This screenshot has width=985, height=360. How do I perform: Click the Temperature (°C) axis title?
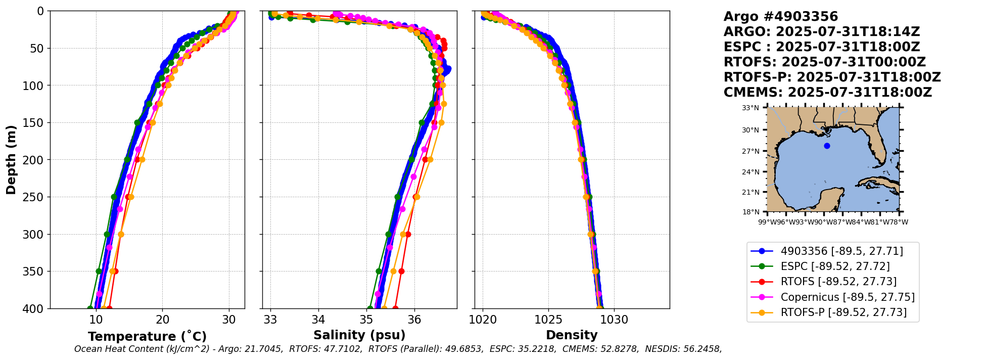point(147,337)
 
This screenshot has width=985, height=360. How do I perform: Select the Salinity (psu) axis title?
point(359,335)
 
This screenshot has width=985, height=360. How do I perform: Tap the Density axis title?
point(572,335)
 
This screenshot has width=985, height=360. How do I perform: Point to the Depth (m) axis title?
point(11,160)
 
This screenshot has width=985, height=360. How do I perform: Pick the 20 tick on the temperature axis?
point(162,320)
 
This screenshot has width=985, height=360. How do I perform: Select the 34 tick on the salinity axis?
point(318,320)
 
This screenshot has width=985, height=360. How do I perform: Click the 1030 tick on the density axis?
point(614,320)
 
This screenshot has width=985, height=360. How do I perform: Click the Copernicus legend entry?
point(847,297)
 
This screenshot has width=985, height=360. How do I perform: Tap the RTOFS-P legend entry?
point(843,312)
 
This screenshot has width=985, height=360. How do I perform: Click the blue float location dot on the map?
point(827,146)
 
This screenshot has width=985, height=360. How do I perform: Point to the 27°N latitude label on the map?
point(751,151)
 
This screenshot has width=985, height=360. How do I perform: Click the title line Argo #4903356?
point(781,17)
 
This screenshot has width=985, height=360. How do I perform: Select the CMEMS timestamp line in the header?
point(827,93)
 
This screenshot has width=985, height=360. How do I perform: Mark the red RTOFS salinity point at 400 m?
point(395,308)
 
